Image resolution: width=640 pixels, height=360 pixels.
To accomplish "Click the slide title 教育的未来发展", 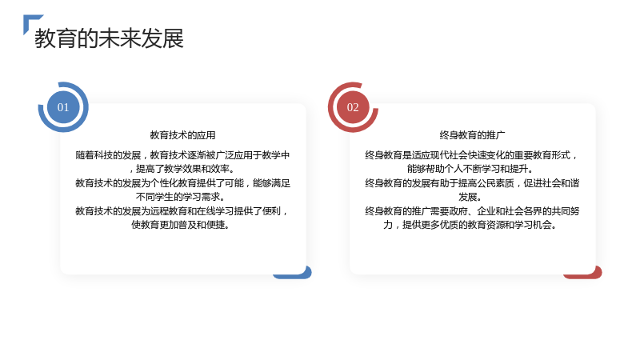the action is click(x=109, y=38).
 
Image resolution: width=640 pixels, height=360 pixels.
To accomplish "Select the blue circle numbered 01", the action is click(x=63, y=107).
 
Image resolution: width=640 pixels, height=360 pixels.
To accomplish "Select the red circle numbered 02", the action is click(x=353, y=107).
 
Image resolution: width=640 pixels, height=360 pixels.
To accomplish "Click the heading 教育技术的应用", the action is click(x=183, y=135).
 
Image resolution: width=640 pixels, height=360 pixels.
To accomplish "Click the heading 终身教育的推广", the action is click(x=472, y=135).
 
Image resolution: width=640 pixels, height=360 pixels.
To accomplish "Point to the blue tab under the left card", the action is click(x=292, y=274).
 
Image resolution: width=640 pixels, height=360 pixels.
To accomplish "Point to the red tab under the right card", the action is click(x=582, y=274).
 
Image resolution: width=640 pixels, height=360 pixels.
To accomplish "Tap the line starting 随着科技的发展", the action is click(x=182, y=155).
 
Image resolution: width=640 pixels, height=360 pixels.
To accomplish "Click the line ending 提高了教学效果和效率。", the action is click(x=182, y=169).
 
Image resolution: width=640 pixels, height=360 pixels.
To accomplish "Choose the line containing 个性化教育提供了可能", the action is click(x=182, y=183).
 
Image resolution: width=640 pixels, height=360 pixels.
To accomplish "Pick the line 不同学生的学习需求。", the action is click(x=181, y=197).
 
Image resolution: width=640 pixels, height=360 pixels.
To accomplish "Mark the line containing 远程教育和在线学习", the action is click(x=182, y=211).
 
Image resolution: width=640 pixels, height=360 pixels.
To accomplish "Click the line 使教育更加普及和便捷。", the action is click(x=181, y=225).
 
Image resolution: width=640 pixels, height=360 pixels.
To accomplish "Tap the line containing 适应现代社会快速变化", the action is click(x=472, y=155).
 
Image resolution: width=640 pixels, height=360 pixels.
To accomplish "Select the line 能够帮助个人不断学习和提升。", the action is click(x=470, y=169).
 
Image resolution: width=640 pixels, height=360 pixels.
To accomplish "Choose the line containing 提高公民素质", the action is click(x=472, y=183).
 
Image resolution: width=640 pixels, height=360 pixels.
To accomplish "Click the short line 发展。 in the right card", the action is click(x=470, y=197).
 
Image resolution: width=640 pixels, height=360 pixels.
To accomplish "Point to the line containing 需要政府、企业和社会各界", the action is click(x=472, y=211).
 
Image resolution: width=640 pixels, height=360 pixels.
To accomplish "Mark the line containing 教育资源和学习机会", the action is click(x=470, y=225).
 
